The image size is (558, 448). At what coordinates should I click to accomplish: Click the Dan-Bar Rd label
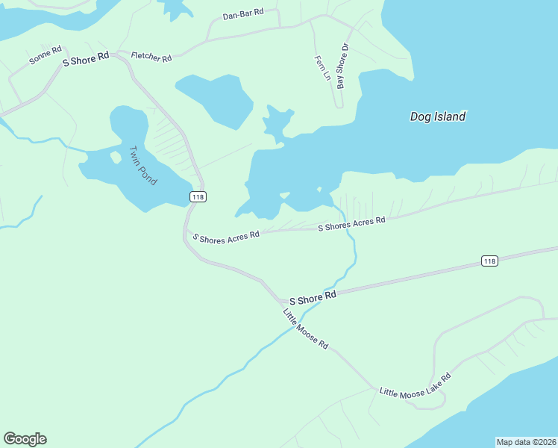pos(243,14)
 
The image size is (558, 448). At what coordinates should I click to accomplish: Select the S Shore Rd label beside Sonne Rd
pos(86,59)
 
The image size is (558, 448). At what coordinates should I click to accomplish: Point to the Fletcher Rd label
pos(151,57)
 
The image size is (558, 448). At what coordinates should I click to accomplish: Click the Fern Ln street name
pos(322,69)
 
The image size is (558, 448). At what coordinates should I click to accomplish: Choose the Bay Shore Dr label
pos(342,66)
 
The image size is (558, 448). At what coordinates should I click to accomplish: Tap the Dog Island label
pos(438,116)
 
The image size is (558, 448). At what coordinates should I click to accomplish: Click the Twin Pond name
pos(140,166)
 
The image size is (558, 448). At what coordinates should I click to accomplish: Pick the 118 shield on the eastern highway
pos(489,261)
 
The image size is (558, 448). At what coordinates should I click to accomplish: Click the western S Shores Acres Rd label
pos(226,236)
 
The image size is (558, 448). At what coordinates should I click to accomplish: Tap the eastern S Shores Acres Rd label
pos(351,223)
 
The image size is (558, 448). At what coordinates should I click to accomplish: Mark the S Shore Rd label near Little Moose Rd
pos(313,297)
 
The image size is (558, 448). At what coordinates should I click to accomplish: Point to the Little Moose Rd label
pos(306,329)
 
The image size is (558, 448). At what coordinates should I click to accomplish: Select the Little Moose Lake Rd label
pos(416,386)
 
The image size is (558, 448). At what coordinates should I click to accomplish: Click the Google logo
pos(25,439)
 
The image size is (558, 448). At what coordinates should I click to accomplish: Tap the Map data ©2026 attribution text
pos(526,442)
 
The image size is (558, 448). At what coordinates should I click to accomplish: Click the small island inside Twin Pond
pos(116,158)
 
